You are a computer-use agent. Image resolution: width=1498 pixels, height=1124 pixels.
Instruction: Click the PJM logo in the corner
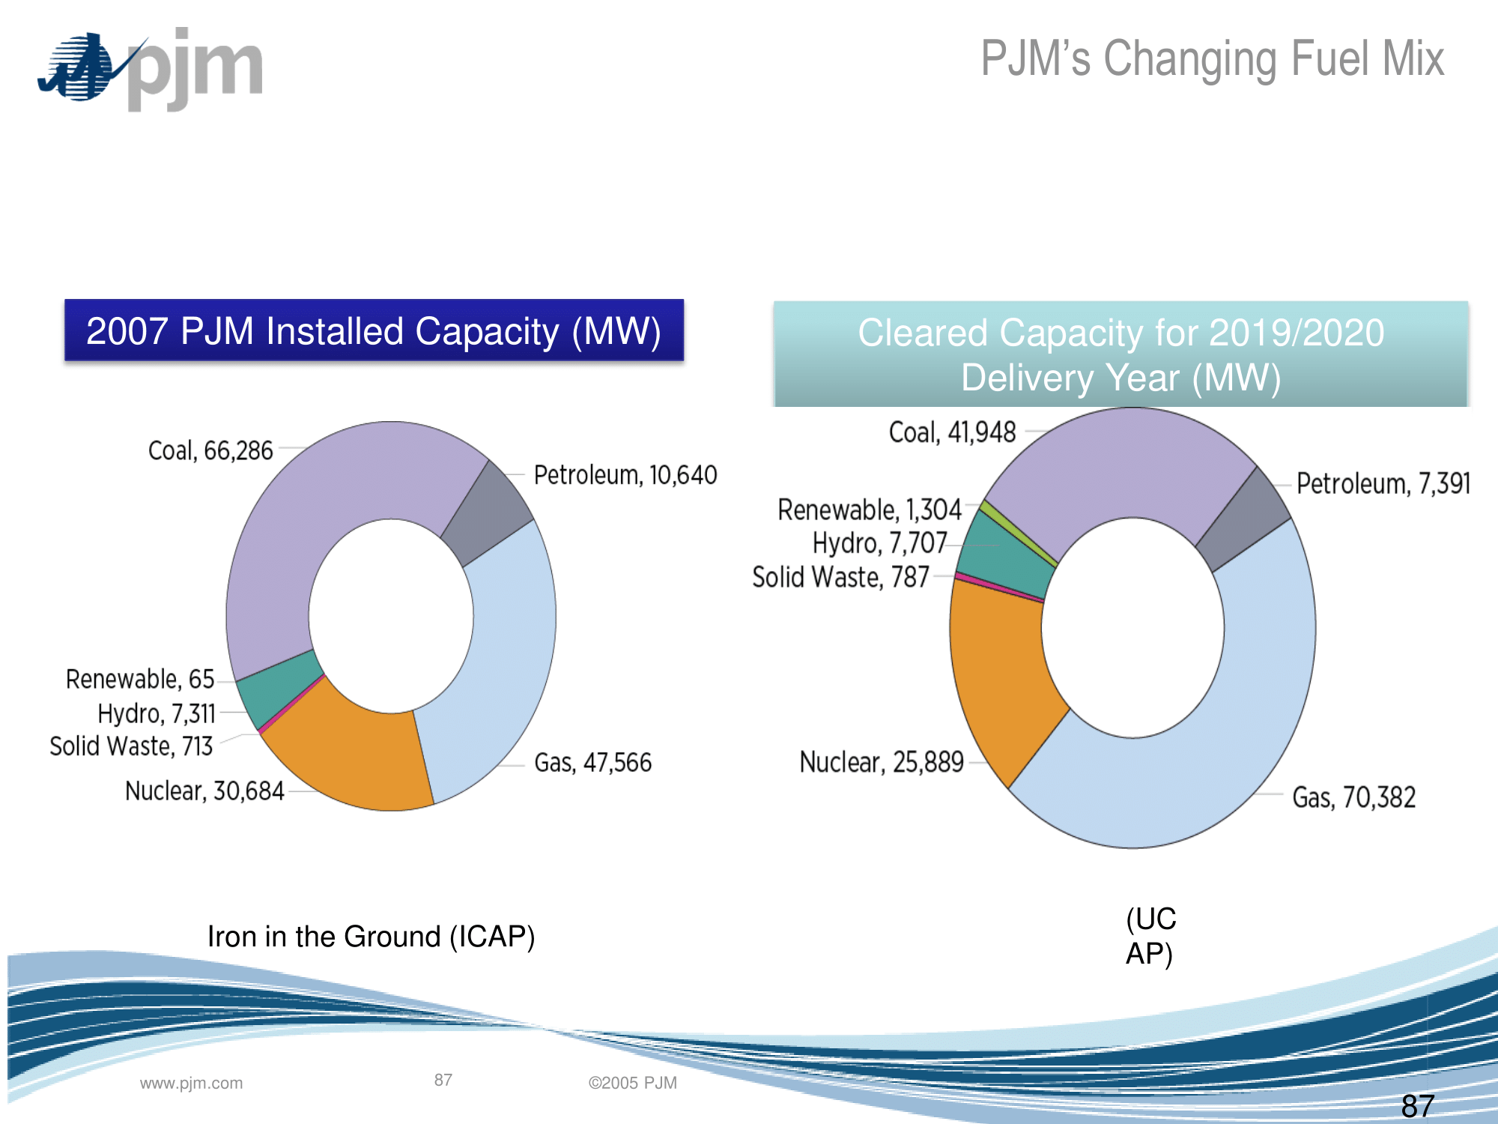point(150,69)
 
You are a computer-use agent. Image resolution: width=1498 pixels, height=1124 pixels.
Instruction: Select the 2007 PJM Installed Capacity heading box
point(374,331)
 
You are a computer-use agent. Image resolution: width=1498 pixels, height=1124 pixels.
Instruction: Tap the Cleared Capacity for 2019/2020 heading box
point(1121,354)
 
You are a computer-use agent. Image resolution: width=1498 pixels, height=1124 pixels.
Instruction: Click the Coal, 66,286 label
point(210,450)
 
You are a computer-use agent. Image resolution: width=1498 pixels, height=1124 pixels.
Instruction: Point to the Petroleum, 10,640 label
point(625,475)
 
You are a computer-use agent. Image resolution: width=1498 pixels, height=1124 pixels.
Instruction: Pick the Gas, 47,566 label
point(592,763)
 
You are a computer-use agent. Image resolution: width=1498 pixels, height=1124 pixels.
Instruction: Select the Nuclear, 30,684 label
point(204,791)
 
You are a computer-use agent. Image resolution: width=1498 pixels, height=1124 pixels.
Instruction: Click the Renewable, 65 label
point(140,679)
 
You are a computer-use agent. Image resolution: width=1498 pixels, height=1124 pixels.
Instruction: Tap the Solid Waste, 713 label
point(131,746)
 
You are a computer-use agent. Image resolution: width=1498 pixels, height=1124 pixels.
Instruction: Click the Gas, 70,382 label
point(1353,798)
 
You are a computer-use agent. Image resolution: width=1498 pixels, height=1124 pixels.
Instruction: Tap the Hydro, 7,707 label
point(879,543)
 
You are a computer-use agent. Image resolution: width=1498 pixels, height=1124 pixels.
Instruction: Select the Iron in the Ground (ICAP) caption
point(371,937)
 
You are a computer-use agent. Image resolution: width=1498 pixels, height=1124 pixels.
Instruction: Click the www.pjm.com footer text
point(191,1083)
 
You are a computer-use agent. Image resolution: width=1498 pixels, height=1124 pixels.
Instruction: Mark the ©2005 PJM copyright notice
point(632,1083)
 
